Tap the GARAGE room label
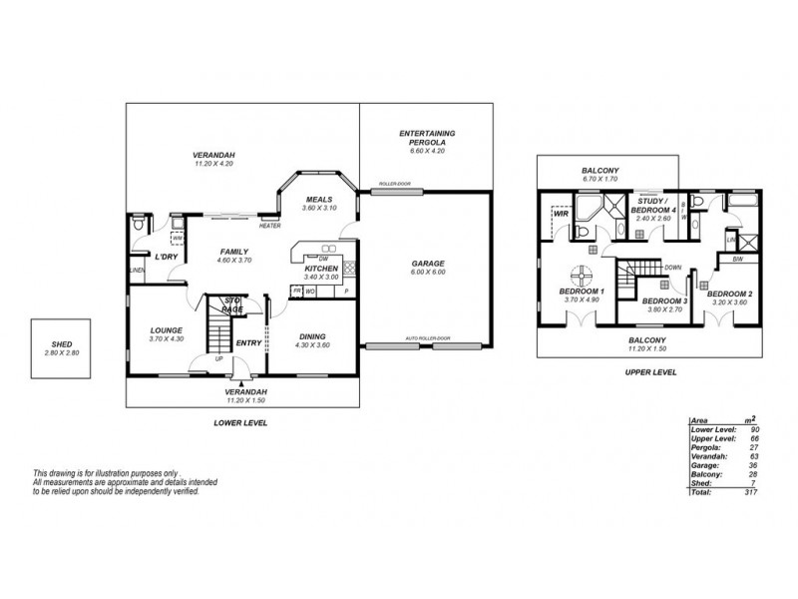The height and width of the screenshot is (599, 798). pyautogui.click(x=428, y=264)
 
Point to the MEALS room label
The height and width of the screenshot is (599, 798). pyautogui.click(x=318, y=199)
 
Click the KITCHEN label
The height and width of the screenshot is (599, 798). pyautogui.click(x=319, y=268)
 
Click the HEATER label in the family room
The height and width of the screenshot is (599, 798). pyautogui.click(x=269, y=226)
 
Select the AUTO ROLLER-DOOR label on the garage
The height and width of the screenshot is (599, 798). pyautogui.click(x=428, y=339)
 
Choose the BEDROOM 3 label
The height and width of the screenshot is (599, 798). pyautogui.click(x=664, y=300)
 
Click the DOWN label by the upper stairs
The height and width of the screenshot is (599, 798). pyautogui.click(x=673, y=268)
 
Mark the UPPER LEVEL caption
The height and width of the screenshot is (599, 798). pyautogui.click(x=651, y=371)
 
